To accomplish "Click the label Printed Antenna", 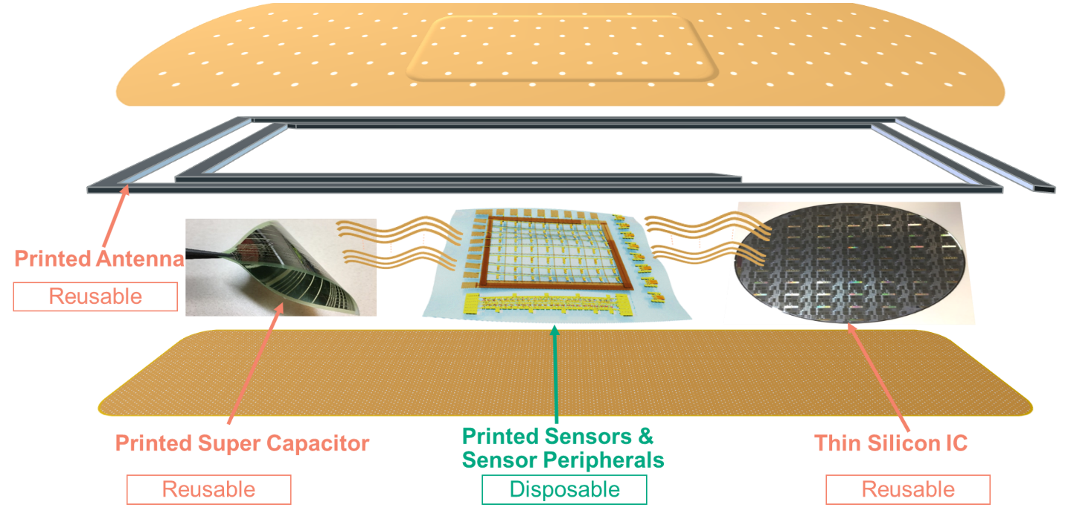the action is coord(99,259).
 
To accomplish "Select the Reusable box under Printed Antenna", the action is coord(95,296).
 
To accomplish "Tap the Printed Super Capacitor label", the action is coord(242,444).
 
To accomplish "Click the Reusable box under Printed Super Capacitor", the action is coord(208,489).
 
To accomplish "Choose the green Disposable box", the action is coord(564,489).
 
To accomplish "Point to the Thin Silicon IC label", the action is coord(891,443).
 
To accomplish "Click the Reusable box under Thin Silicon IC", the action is coord(908,489).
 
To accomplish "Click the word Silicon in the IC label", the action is coord(904,443).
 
